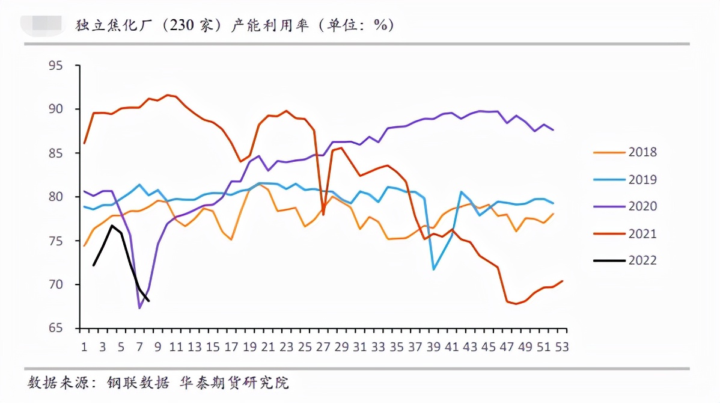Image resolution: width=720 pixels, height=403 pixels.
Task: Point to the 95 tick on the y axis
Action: point(56,66)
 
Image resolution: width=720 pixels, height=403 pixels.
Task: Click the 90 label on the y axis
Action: point(56,109)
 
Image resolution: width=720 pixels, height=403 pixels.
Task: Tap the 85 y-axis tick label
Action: point(56,153)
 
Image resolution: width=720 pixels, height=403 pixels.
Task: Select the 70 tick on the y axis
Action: point(56,285)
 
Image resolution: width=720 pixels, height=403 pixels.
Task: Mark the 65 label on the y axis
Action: point(56,328)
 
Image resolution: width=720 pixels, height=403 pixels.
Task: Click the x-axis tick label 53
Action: point(562,347)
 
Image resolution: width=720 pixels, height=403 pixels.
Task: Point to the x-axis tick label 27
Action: point(323,347)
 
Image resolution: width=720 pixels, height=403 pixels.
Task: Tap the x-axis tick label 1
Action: point(85,347)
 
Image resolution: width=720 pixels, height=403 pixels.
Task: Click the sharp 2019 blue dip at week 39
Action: point(433,269)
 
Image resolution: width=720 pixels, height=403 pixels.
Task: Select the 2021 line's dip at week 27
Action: point(323,214)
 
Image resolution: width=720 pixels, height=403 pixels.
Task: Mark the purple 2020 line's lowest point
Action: point(139,308)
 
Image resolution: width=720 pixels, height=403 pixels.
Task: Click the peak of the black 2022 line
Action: point(112,226)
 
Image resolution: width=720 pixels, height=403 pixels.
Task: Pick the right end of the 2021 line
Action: point(562,281)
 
